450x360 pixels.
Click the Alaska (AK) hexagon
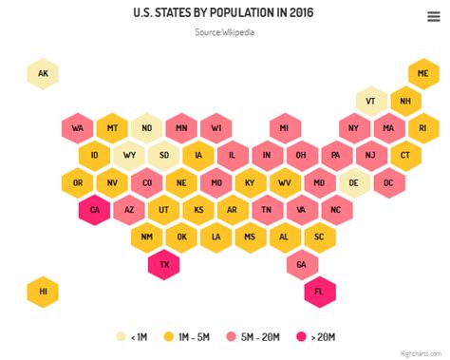43,73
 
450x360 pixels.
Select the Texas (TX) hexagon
164,264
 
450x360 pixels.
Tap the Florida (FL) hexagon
320,292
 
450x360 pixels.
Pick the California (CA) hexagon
95,209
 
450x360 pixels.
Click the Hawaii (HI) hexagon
43,292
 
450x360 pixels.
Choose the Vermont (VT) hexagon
371,101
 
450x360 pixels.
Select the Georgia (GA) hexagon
302,264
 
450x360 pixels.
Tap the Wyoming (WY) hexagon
129,155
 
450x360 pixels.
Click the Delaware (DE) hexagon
354,182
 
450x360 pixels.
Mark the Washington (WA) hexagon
78,127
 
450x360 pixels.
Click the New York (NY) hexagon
354,127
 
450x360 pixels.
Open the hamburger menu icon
433,15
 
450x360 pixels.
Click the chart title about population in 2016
224,13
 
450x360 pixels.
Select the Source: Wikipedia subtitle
224,32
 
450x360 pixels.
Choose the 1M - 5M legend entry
186,336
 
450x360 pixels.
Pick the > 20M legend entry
316,336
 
